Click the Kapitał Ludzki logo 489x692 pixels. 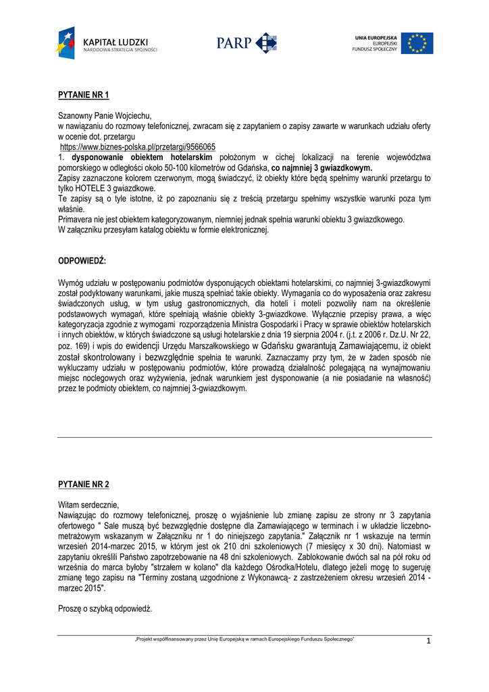point(106,43)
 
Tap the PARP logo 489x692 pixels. point(247,43)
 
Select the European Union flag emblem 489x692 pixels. point(417,43)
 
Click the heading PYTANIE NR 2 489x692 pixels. point(84,485)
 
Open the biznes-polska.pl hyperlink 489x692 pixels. point(138,147)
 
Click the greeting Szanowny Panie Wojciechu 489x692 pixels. point(105,116)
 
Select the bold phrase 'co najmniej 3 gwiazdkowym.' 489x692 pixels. point(321,168)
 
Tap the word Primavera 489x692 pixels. point(76,220)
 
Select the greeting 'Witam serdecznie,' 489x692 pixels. point(88,505)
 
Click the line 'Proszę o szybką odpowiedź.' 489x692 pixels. point(105,609)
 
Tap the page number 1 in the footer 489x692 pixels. point(428,641)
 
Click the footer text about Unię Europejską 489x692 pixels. point(244,639)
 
